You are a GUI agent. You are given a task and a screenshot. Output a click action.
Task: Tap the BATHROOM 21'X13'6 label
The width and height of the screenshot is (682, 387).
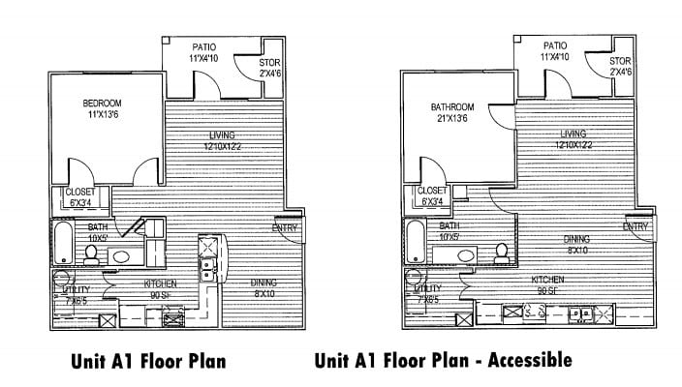click(x=453, y=113)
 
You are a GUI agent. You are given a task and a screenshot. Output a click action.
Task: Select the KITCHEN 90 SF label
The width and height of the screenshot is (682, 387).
click(x=161, y=288)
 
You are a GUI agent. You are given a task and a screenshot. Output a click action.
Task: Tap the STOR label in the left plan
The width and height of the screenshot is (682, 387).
click(x=269, y=69)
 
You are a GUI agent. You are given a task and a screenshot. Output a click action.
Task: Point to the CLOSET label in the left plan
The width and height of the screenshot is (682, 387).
click(x=80, y=197)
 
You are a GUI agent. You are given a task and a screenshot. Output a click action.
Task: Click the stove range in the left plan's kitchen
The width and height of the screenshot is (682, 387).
click(x=175, y=315)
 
